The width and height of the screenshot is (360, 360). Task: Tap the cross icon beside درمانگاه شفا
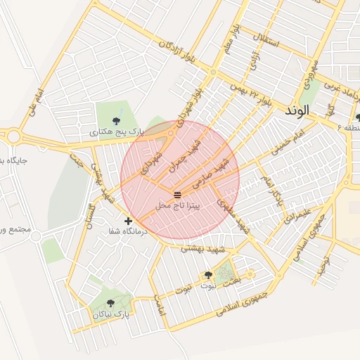point(128,221)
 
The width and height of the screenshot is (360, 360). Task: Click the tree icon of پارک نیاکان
point(110,304)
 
